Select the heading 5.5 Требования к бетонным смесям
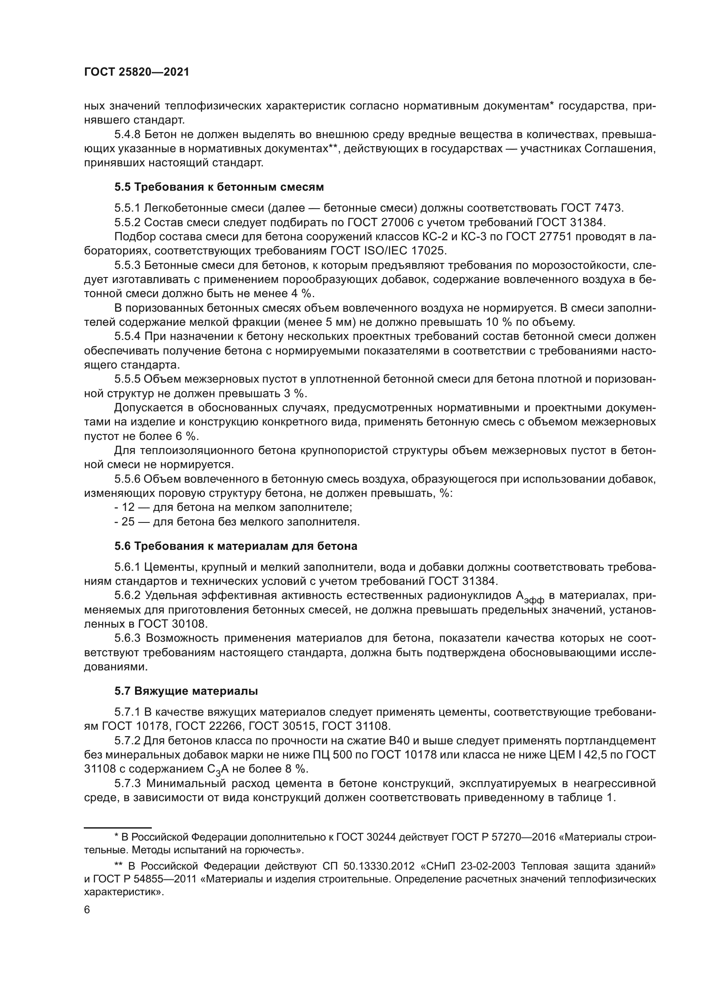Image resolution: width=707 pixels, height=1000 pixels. [219, 187]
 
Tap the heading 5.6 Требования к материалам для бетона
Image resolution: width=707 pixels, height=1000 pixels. [236, 546]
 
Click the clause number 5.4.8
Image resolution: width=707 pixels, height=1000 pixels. [127, 134]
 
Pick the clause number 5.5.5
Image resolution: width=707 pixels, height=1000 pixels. [127, 379]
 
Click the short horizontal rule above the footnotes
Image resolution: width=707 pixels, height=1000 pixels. [117, 826]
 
